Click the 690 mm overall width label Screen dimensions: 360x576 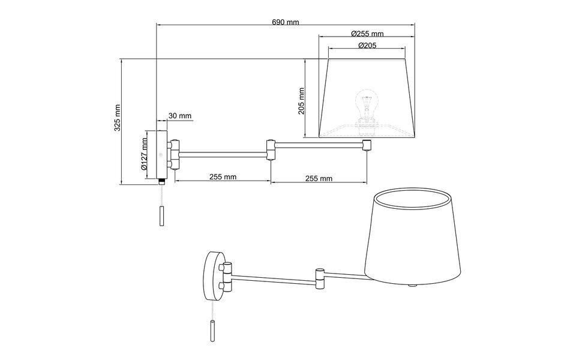point(286,22)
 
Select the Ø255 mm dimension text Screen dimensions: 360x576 point(367,34)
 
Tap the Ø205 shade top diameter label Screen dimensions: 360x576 point(367,46)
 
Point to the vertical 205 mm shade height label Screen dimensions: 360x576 point(301,100)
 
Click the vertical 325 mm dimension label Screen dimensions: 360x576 point(118,118)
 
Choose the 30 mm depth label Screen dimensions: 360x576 point(180,116)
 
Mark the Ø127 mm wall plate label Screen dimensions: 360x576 point(145,155)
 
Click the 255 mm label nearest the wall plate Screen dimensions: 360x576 point(223,178)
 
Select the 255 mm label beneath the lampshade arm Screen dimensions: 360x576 point(319,178)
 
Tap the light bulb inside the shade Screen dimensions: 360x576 point(365,103)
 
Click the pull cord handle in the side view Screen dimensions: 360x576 point(161,215)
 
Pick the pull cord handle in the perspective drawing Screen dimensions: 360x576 point(212,332)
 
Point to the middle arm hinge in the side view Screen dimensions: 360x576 point(271,150)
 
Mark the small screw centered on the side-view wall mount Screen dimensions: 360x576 point(161,154)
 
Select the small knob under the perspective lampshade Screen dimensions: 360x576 point(412,284)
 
